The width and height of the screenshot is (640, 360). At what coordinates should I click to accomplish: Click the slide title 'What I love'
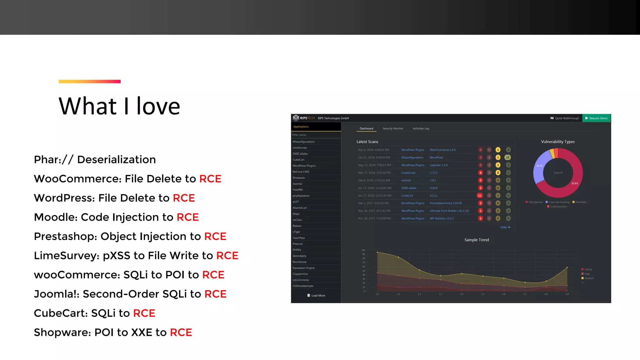pyautogui.click(x=119, y=106)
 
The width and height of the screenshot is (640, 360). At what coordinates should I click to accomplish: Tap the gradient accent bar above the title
pyautogui.click(x=89, y=82)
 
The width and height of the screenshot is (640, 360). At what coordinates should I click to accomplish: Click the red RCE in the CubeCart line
pyautogui.click(x=144, y=313)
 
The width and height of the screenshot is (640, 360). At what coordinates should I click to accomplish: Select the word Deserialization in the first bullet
pyautogui.click(x=116, y=160)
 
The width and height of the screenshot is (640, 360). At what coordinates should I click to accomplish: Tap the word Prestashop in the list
pyautogui.click(x=65, y=237)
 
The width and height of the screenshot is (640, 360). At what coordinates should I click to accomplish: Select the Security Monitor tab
pyautogui.click(x=393, y=128)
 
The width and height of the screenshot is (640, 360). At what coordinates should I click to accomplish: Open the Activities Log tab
pyautogui.click(x=421, y=128)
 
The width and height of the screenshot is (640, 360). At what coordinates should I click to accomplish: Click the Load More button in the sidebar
pyautogui.click(x=316, y=296)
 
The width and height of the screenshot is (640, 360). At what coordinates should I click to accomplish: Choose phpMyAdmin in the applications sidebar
pyautogui.click(x=301, y=196)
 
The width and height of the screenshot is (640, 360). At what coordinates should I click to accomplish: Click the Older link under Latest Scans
pyautogui.click(x=505, y=227)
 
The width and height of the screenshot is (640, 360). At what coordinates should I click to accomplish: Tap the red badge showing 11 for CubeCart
pyautogui.click(x=480, y=196)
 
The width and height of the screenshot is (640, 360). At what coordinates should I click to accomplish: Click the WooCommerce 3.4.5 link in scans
pyautogui.click(x=442, y=150)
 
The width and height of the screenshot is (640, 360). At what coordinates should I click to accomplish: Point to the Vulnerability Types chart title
pyautogui.click(x=558, y=142)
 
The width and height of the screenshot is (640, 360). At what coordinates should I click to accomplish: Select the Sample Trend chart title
pyautogui.click(x=477, y=240)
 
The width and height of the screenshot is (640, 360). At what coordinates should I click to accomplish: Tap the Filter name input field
pyautogui.click(x=316, y=135)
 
